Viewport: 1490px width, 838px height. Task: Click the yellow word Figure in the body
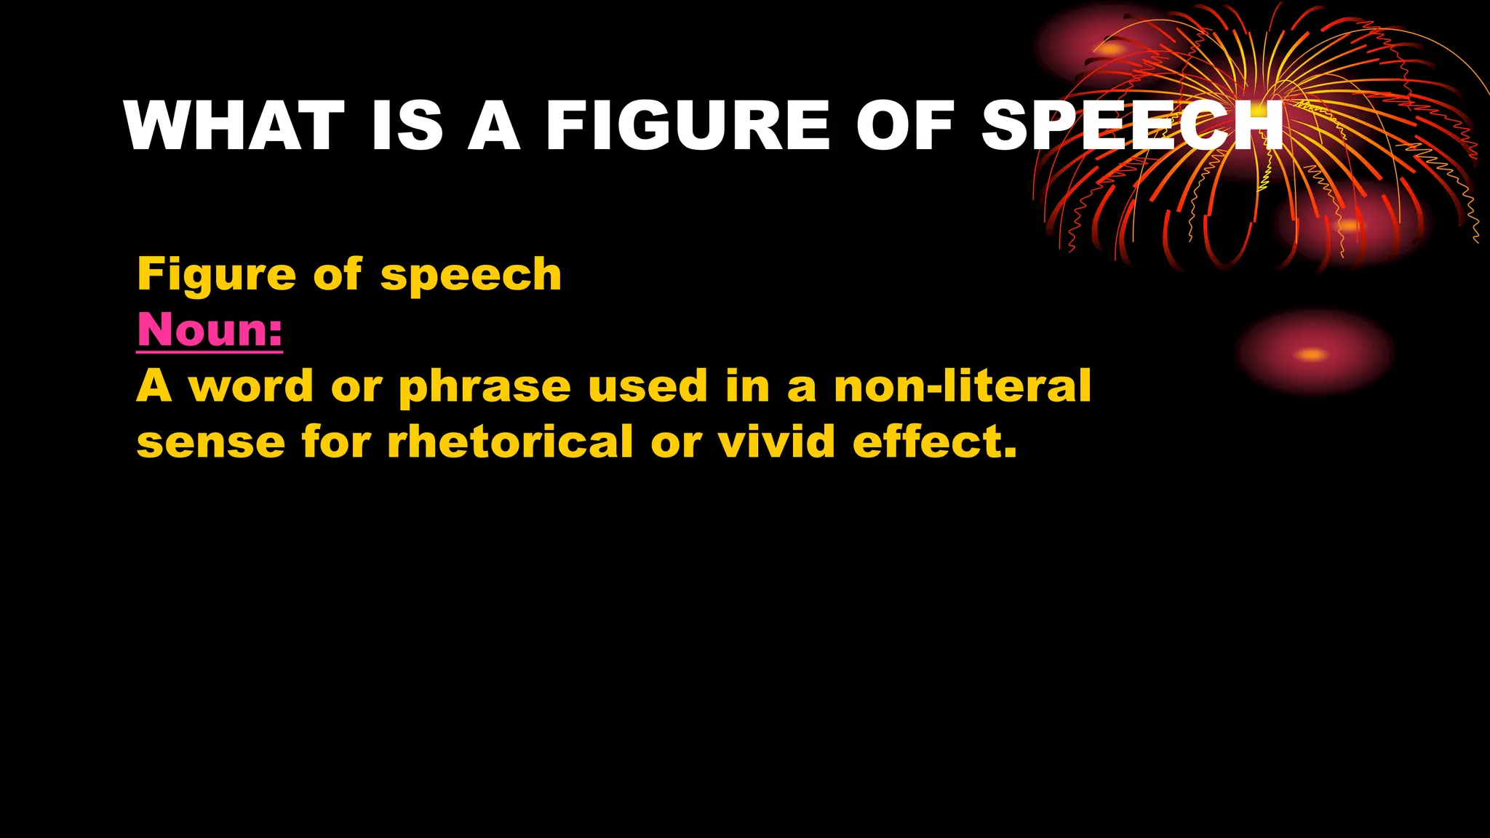point(216,275)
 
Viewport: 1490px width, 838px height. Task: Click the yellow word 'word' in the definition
point(251,386)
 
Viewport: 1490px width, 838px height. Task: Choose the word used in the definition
point(648,386)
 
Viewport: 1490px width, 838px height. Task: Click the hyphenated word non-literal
point(962,386)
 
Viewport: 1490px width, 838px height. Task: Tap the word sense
point(211,443)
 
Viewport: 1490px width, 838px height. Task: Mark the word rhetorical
point(510,442)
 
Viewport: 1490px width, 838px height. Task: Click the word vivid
point(776,442)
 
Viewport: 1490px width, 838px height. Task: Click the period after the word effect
point(1009,455)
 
